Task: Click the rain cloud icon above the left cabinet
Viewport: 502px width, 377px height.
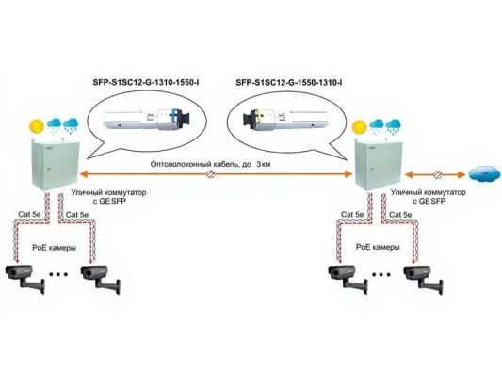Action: pos(63,125)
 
